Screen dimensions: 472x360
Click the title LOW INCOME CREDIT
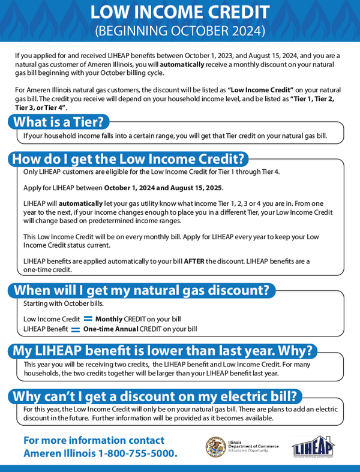coord(180,12)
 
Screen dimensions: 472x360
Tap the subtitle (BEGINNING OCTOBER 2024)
coord(180,29)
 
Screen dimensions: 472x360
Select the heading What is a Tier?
coord(58,122)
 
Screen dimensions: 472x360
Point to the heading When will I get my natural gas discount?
coord(141,290)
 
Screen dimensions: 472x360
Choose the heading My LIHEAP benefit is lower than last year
coord(163,350)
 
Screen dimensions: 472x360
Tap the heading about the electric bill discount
coord(155,396)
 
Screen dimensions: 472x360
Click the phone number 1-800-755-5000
coord(135,453)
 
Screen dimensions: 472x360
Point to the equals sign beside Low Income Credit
coord(88,319)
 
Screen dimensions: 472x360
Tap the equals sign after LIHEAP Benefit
coord(76,329)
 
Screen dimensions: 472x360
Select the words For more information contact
coord(94,440)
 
